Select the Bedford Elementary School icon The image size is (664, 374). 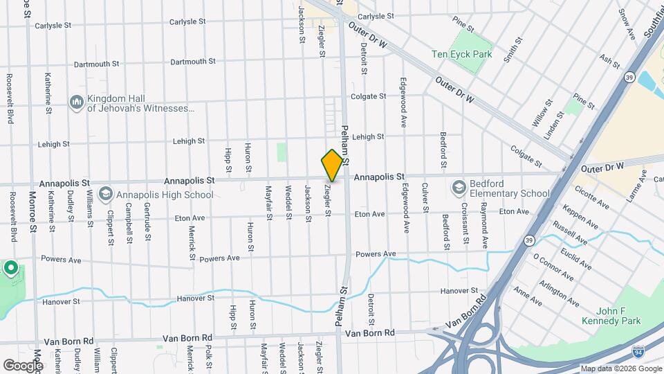coord(459,188)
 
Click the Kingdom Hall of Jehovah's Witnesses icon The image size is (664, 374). coord(77,103)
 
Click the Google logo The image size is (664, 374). coord(23,365)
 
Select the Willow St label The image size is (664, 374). coord(543,110)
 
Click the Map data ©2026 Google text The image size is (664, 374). coord(620,368)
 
